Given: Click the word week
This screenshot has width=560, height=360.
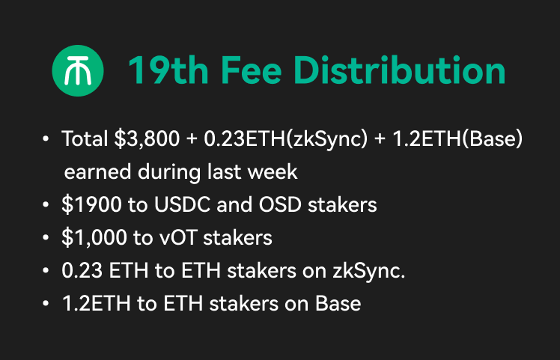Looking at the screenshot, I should pyautogui.click(x=275, y=172).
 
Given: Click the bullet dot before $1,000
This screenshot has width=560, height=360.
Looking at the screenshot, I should pyautogui.click(x=46, y=238).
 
